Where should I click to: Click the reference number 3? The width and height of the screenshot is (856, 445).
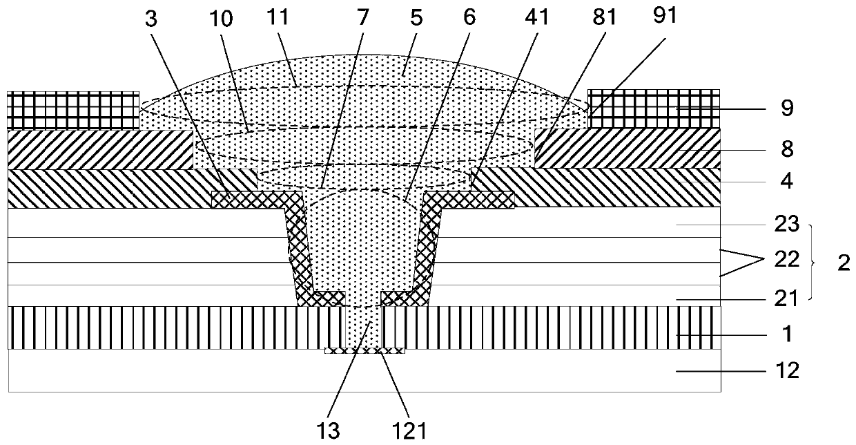pos(151,19)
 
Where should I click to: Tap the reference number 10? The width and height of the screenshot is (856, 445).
pos(222,19)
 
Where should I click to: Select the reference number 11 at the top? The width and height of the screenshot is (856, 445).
pos(278,17)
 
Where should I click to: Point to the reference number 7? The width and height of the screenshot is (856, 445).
pos(362,17)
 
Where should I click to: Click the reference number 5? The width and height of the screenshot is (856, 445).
pos(416,18)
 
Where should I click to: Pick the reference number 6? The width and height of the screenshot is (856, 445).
pos(469,17)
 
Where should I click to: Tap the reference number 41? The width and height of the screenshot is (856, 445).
pos(536,17)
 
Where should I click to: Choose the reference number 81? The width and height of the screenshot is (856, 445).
pos(604,17)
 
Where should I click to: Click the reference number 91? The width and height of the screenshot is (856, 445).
pos(665,16)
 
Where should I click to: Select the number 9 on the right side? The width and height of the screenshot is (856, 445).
pos(787,108)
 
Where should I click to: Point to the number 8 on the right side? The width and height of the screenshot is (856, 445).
pos(787,149)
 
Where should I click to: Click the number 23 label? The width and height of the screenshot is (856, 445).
pos(787,224)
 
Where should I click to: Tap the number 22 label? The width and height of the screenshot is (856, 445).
pos(787,259)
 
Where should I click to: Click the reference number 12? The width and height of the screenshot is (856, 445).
pos(788,370)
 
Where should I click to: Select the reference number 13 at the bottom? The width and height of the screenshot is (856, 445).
pos(329,431)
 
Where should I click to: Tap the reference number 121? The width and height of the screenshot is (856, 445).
pos(409,431)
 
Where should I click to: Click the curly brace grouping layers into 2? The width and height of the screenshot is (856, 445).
pos(813,263)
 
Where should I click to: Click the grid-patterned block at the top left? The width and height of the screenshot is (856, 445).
pos(73,110)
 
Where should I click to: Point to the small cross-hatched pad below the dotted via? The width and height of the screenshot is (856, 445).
pos(364,350)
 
